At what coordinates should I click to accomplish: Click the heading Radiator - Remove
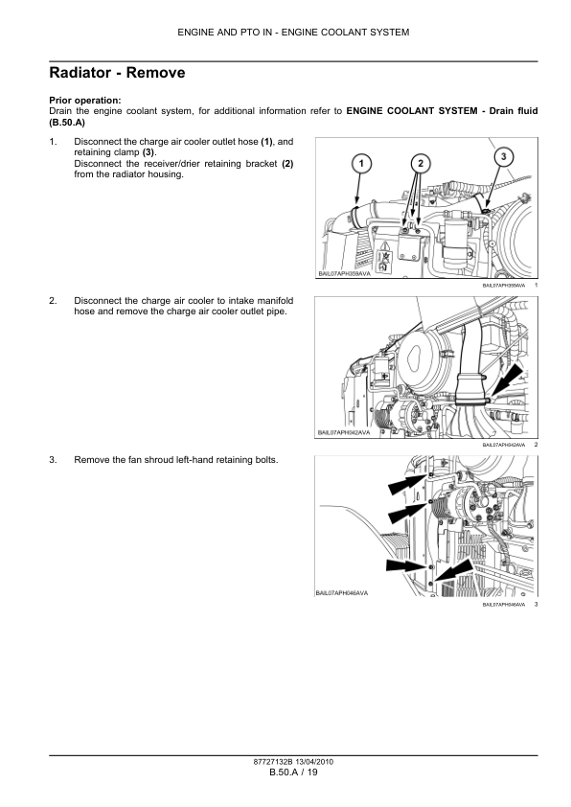117,73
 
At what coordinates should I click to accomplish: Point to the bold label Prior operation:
84,101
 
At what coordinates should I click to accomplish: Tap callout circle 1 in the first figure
360,164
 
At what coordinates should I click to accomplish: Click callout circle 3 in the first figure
501,154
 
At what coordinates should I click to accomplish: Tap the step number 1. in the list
53,142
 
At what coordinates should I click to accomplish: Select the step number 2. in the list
53,301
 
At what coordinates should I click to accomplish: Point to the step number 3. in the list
53,460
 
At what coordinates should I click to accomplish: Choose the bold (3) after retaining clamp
148,152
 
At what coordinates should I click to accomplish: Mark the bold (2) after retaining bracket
287,163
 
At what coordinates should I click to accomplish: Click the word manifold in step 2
271,301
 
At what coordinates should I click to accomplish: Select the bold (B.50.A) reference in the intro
67,123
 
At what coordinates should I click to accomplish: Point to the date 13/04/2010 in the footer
313,762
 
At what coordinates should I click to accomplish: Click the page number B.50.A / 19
292,772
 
